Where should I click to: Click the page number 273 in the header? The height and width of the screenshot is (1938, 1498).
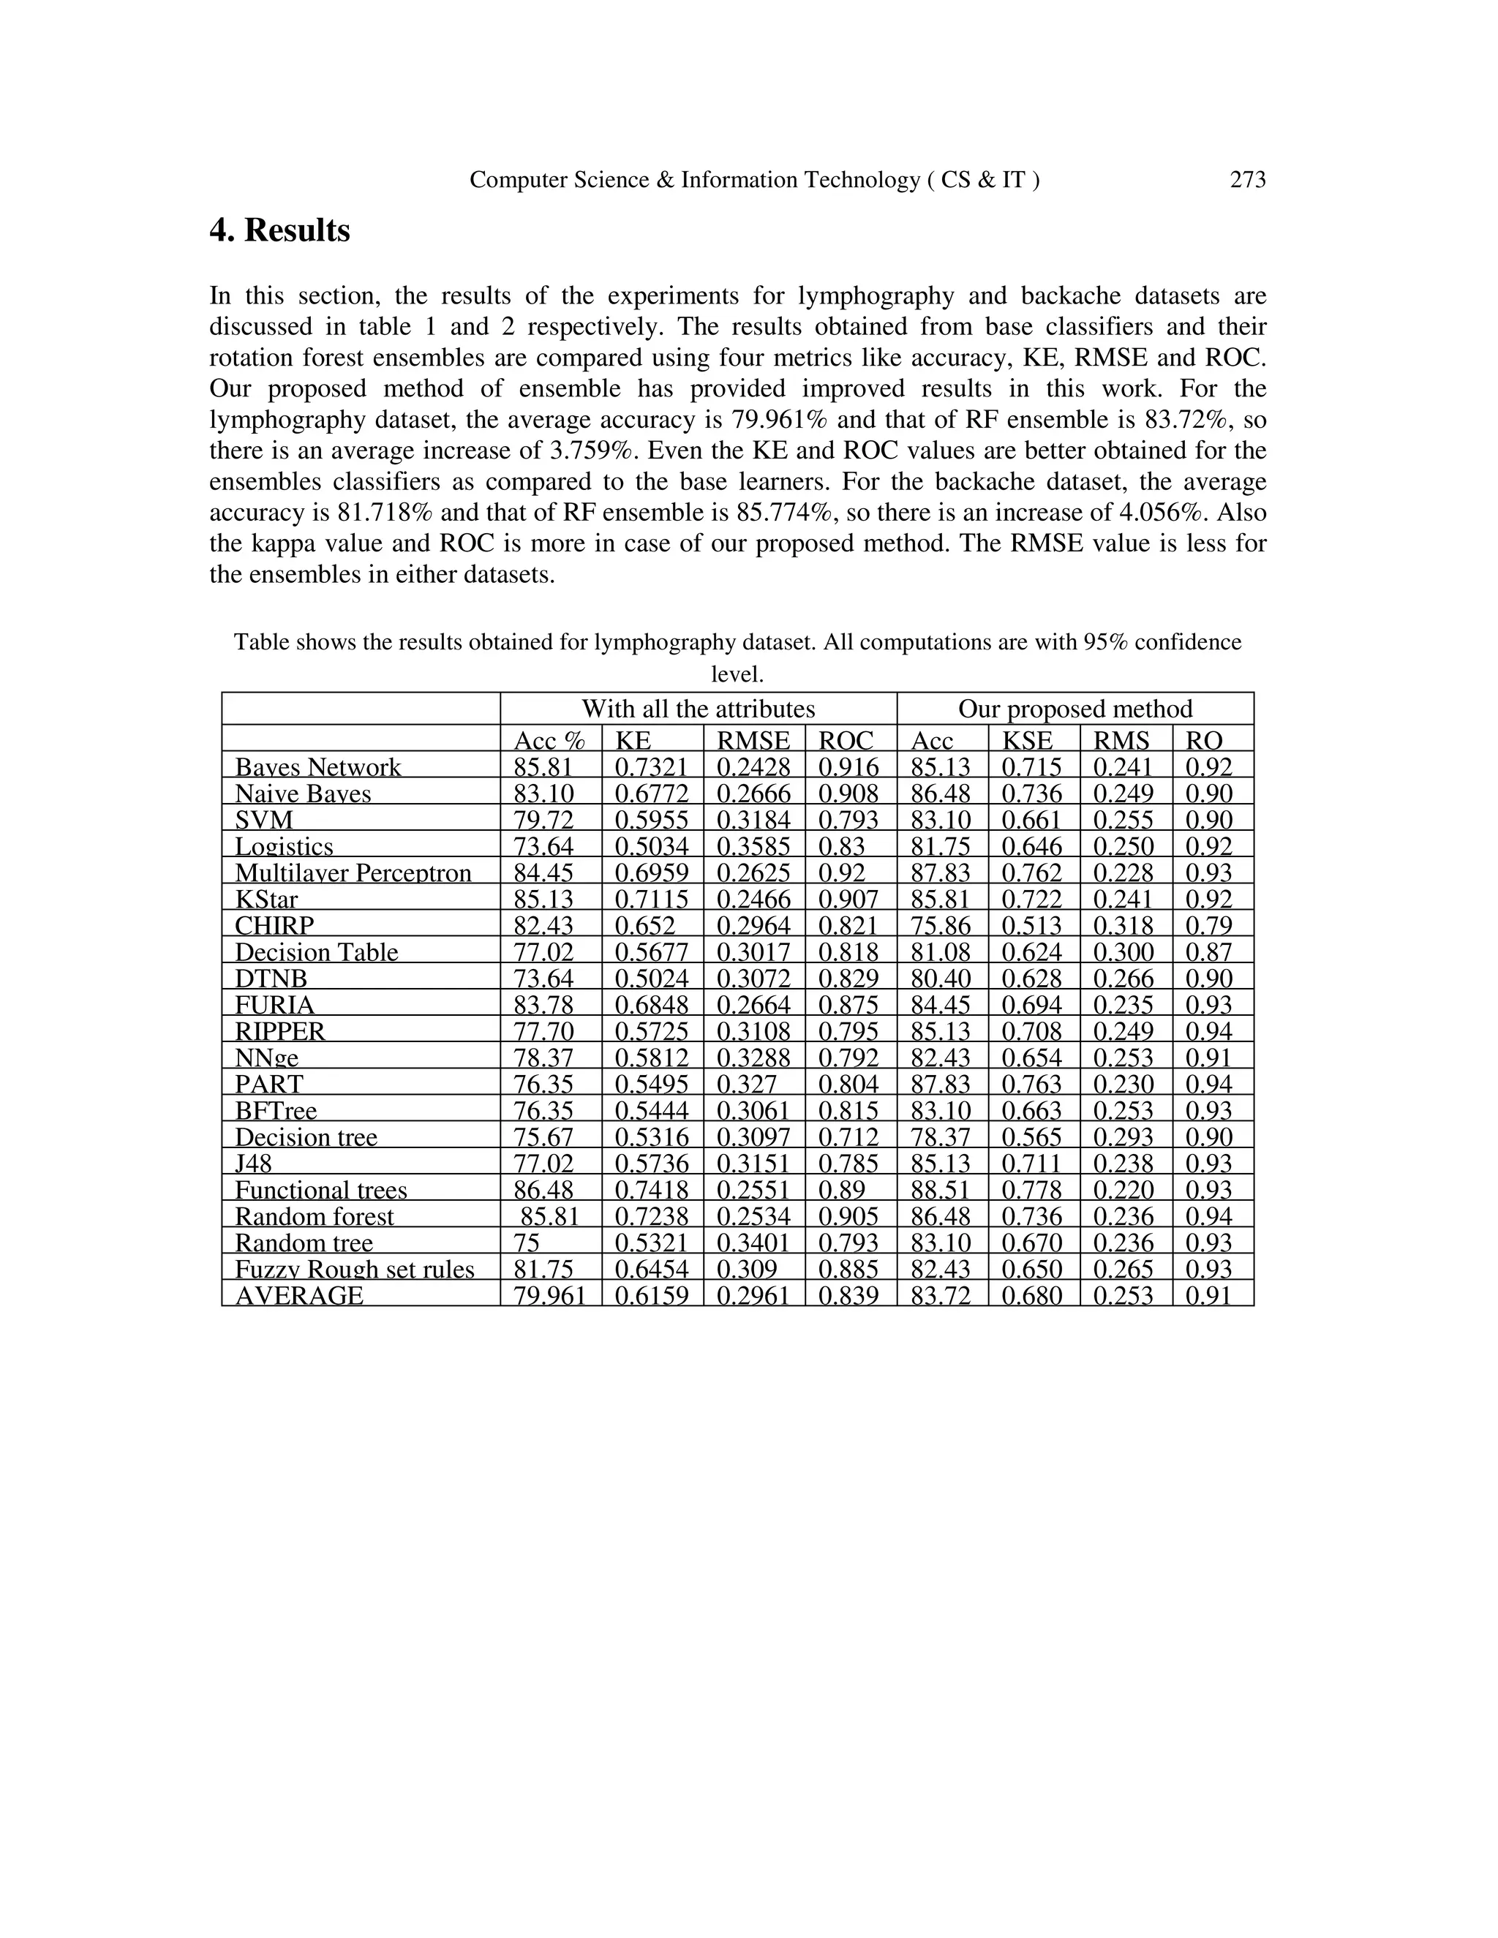click(x=1247, y=180)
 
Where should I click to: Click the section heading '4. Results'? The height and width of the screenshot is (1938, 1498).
click(x=279, y=230)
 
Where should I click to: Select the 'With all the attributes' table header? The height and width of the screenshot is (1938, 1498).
click(x=698, y=709)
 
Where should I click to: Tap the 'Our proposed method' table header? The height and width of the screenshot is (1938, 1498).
click(x=1074, y=709)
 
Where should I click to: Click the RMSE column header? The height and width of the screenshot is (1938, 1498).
click(x=753, y=740)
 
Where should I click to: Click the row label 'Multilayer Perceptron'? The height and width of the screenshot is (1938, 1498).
click(x=353, y=872)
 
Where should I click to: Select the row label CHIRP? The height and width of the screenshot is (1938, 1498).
click(x=274, y=926)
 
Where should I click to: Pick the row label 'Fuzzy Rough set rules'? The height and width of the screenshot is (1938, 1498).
click(x=354, y=1269)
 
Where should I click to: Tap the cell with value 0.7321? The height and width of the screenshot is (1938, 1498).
click(x=652, y=766)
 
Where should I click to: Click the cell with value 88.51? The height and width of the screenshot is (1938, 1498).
click(x=941, y=1190)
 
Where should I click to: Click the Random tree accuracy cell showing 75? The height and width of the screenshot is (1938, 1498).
click(x=527, y=1243)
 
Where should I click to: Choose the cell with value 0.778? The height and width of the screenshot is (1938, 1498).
click(x=1031, y=1190)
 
